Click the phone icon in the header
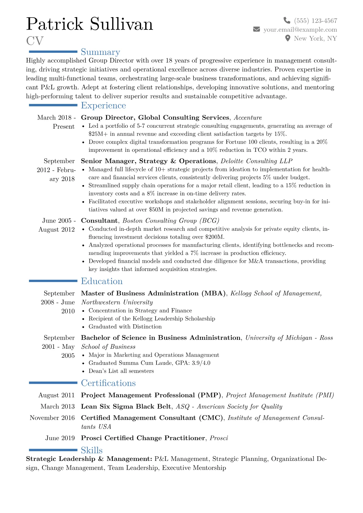[x=287, y=20]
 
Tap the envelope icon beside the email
[x=257, y=29]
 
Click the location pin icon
[x=287, y=38]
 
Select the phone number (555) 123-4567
[x=315, y=21]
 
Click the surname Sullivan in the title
[x=121, y=24]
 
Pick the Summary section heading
[x=100, y=52]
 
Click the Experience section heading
[x=103, y=105]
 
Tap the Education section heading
[x=102, y=281]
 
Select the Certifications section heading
[x=108, y=383]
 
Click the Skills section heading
[x=92, y=450]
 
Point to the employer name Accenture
[x=248, y=118]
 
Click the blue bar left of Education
[x=53, y=281]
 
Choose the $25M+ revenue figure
[x=98, y=134]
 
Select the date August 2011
[x=56, y=395]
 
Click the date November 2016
[x=52, y=418]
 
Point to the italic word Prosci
[x=219, y=438]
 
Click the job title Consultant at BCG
[x=99, y=221]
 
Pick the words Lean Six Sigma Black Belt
[x=126, y=407]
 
